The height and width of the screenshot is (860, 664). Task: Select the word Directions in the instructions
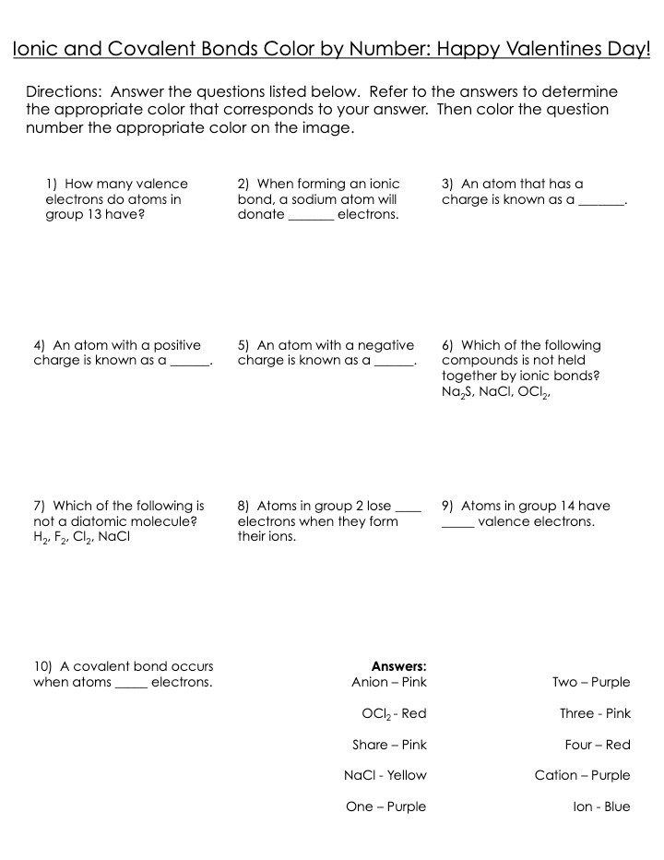coord(62,92)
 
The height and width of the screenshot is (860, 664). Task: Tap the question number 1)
coord(52,184)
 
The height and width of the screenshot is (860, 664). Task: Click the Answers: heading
coord(398,666)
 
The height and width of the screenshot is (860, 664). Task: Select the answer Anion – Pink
coord(388,682)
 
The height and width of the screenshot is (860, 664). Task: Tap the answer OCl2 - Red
coord(394,713)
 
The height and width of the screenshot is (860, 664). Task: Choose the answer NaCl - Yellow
coord(385,775)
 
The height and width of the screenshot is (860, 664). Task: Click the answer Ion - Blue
coord(601,806)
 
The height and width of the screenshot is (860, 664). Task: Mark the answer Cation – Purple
coord(582,775)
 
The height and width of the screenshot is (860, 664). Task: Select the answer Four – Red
coord(598,745)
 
